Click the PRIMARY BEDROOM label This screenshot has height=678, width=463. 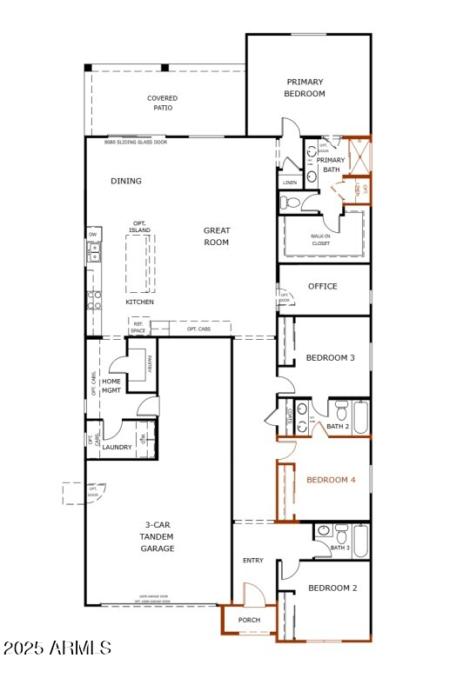click(305, 88)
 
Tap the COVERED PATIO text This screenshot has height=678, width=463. click(163, 103)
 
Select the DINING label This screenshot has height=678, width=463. click(126, 182)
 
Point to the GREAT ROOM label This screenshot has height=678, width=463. click(217, 236)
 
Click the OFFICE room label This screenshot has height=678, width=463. click(323, 286)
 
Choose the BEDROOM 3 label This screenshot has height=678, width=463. click(330, 358)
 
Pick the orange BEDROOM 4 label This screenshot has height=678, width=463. click(331, 480)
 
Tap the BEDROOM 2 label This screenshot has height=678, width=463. click(333, 588)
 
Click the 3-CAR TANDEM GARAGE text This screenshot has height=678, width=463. click(158, 537)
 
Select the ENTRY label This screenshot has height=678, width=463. click(253, 561)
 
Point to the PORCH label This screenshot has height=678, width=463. click(250, 620)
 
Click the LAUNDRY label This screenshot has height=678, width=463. click(117, 448)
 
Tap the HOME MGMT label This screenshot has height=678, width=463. click(111, 386)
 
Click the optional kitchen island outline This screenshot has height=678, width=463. click(140, 263)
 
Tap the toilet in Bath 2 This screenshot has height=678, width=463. click(341, 409)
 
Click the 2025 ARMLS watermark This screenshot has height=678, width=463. click(57, 648)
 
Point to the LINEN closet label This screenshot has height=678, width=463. click(290, 183)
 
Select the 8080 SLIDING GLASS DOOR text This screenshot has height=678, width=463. click(136, 142)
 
